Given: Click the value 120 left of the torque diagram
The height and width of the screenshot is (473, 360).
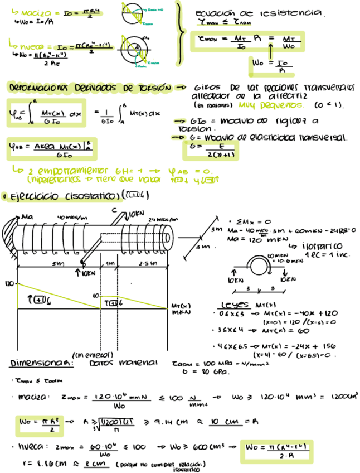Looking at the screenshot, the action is point(9,284).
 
